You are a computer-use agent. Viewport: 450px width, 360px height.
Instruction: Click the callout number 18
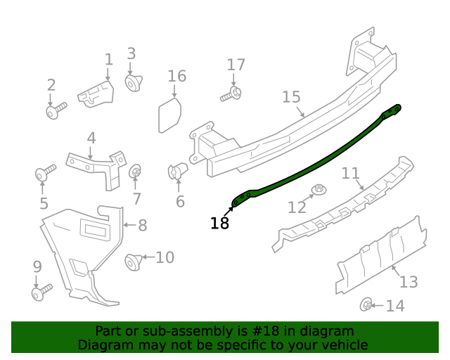219,224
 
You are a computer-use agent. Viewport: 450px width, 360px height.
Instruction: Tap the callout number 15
291,97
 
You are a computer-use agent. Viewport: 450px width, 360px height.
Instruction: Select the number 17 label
236,65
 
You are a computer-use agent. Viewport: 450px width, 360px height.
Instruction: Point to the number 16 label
177,76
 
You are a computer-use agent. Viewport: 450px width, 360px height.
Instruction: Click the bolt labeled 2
55,110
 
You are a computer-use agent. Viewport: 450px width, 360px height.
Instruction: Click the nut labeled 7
136,172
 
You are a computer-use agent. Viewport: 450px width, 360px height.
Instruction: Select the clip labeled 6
176,171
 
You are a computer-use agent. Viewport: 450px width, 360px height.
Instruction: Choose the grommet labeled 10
132,262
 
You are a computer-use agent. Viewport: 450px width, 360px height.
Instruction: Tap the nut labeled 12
319,190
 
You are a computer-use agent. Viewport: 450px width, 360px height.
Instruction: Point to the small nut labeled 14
366,305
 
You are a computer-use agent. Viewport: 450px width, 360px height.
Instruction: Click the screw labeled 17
233,94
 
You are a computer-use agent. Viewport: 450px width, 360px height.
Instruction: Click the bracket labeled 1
96,93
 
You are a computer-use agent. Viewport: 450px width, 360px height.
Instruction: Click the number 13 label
409,282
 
